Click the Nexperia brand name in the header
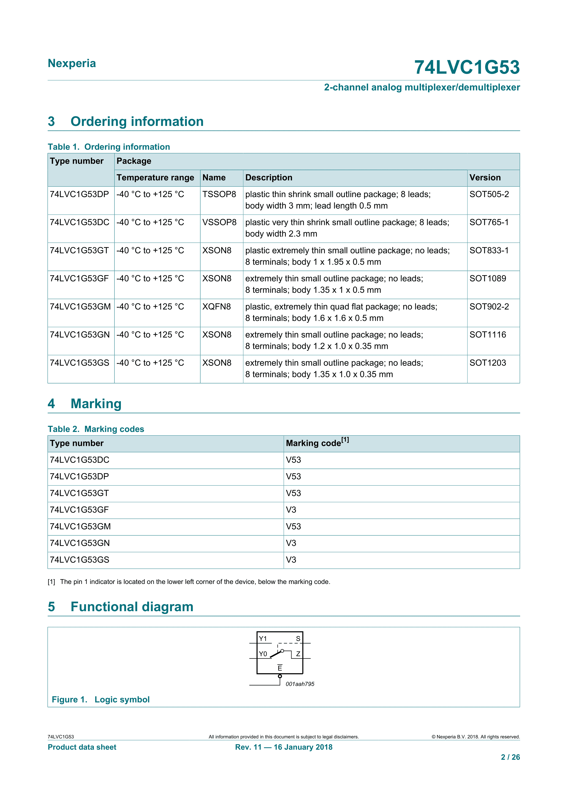(72, 63)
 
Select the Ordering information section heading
(137, 121)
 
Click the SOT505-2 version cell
(489, 194)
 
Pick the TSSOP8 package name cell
(219, 194)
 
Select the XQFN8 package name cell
(217, 307)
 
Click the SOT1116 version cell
(488, 335)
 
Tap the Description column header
(269, 178)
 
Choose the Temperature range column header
(155, 178)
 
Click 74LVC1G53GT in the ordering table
(79, 250)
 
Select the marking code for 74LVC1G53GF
(291, 510)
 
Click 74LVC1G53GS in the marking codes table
(79, 560)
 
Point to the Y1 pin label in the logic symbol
(263, 639)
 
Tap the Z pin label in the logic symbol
(298, 654)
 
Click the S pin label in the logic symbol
(298, 639)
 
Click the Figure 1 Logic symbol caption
(101, 700)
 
